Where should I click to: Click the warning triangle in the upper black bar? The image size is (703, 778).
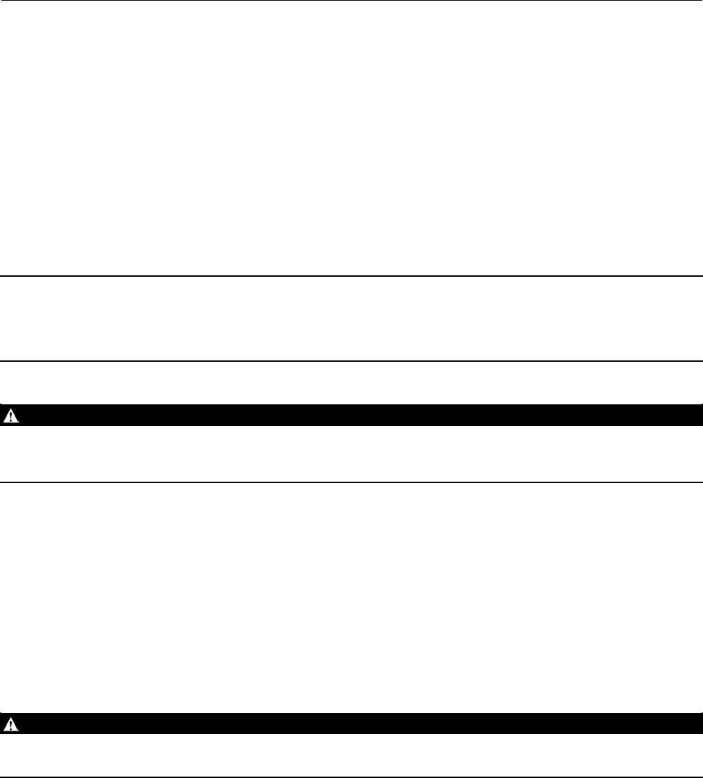pos(10,415)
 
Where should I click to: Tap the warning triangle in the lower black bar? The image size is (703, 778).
pos(10,724)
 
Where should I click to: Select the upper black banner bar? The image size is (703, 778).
pos(351,415)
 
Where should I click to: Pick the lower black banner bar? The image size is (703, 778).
pos(351,724)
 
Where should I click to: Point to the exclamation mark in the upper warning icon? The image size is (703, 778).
pos(10,416)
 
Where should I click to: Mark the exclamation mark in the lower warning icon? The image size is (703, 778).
pos(10,725)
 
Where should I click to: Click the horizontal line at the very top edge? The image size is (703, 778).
pos(351,1)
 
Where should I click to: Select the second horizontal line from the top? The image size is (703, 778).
pos(351,277)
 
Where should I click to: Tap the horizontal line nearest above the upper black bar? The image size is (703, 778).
pos(351,361)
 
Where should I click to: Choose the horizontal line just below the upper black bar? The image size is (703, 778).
pos(351,482)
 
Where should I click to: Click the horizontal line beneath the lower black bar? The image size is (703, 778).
pos(351,777)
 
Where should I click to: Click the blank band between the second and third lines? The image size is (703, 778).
pos(351,319)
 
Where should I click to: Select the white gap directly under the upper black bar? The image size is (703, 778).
pos(351,454)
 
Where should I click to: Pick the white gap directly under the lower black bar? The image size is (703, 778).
pos(351,756)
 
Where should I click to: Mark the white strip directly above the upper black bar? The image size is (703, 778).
pos(351,383)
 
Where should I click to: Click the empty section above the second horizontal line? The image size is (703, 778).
pos(351,139)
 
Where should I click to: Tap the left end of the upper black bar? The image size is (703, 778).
pos(3,415)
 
